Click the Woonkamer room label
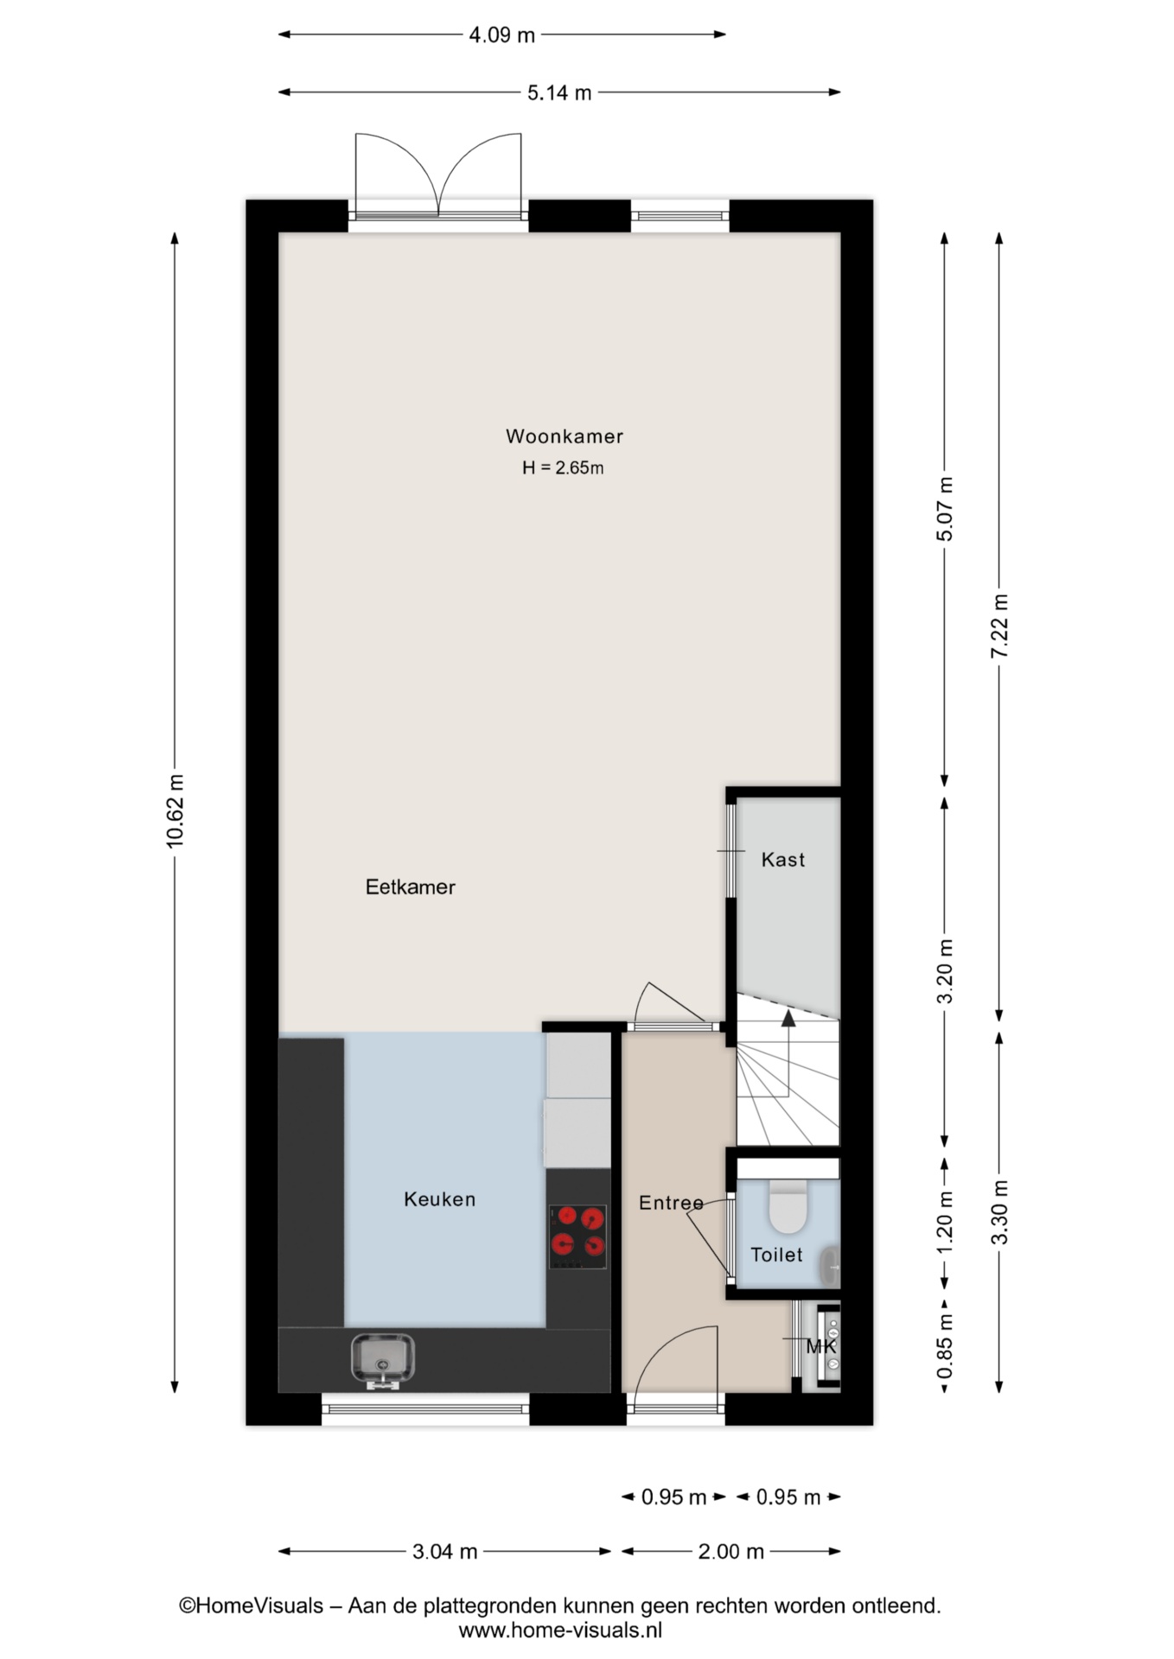565,436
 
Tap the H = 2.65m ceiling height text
563,467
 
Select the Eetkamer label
410,887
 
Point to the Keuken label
440,1199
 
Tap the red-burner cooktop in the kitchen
578,1236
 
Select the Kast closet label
783,860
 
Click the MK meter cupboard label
820,1347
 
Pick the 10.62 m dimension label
175,811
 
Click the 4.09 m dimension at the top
501,35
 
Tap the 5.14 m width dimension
559,92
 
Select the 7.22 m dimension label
999,626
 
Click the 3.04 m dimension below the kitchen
444,1552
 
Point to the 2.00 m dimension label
731,1552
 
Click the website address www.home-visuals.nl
560,1630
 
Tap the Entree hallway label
671,1203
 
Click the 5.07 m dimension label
945,510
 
